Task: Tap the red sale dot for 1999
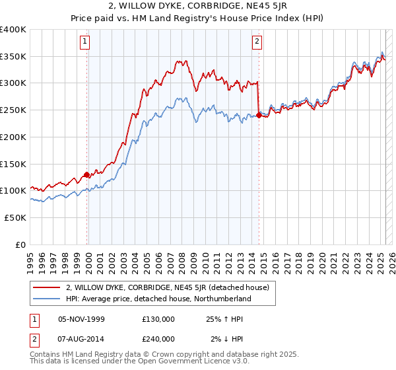click(x=86, y=175)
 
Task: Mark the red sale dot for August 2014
click(x=259, y=116)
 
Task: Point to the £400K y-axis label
click(x=13, y=30)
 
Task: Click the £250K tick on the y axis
click(x=13, y=110)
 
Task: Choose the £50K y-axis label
click(x=15, y=217)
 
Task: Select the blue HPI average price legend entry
click(x=158, y=299)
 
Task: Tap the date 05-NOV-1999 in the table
click(x=82, y=319)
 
